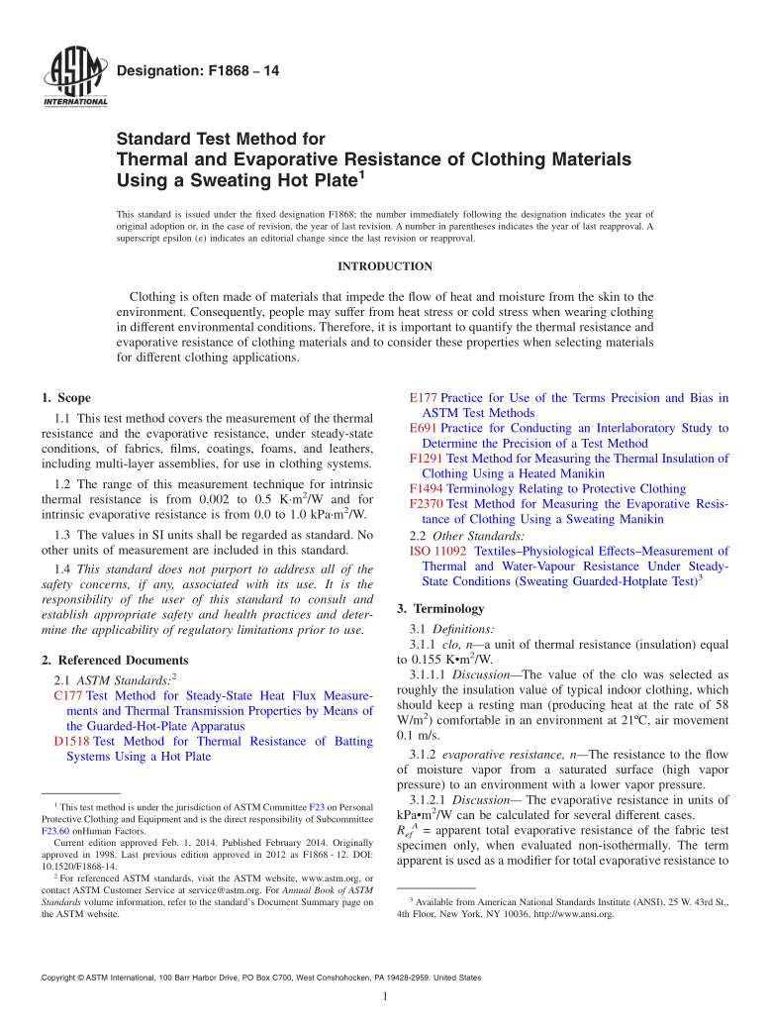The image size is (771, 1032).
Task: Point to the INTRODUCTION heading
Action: click(x=385, y=266)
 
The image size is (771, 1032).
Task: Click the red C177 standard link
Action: click(x=68, y=696)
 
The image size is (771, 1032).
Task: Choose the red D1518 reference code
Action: click(x=72, y=741)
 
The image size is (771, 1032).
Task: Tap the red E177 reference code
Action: click(x=423, y=398)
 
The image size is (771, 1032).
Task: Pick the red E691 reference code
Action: click(x=423, y=428)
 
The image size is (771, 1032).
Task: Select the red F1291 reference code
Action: click(x=427, y=459)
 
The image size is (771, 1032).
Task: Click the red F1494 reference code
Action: click(x=427, y=488)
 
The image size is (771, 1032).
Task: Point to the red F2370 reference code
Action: click(x=427, y=504)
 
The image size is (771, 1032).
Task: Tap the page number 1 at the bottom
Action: click(x=385, y=996)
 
